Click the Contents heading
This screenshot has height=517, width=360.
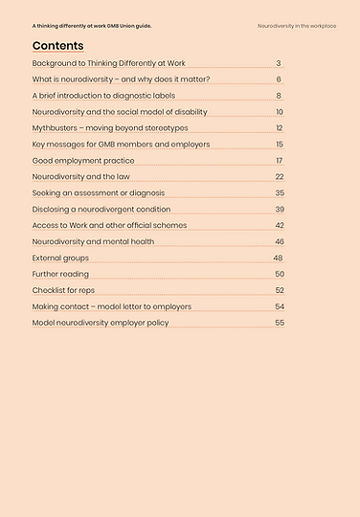57,46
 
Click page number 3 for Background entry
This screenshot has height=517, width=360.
279,63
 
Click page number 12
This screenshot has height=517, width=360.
279,127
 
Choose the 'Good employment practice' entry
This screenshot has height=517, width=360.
83,160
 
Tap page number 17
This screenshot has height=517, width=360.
279,160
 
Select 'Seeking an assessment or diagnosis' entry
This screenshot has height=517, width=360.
99,192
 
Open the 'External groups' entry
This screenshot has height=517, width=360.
60,258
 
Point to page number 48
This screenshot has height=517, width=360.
278,258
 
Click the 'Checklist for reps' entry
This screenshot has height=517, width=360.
63,290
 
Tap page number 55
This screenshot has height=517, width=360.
279,323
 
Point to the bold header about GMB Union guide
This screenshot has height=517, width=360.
92,25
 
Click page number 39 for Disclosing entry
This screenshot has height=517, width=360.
279,209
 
